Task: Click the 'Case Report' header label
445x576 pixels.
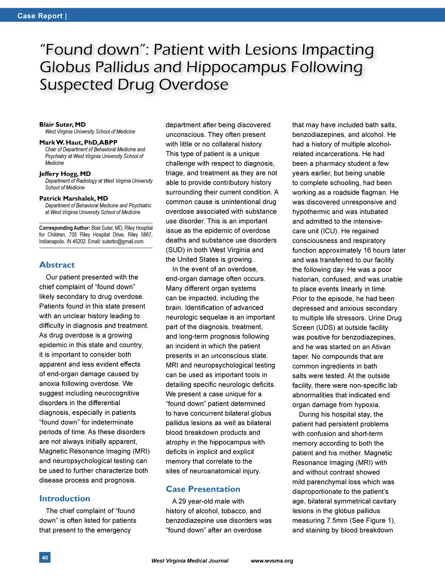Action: coord(40,16)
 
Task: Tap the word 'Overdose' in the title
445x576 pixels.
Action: coord(193,85)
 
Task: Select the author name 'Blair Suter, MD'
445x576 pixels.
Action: coord(62,125)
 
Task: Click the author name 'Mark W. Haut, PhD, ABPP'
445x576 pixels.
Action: coord(78,142)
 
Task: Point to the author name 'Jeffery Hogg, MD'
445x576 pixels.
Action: coord(65,174)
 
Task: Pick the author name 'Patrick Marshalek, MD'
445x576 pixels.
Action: coord(73,199)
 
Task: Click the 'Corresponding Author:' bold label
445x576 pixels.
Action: coord(64,228)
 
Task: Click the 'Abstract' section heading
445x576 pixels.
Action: coord(57,265)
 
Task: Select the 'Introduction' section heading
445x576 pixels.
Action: coord(65,499)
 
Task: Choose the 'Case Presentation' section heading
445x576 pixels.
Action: coord(203,489)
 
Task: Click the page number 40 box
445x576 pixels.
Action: coord(45,557)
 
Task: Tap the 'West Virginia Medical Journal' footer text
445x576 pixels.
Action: coord(189,561)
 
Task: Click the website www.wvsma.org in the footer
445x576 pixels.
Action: coord(272,561)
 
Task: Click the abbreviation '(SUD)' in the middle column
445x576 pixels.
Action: coord(175,250)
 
